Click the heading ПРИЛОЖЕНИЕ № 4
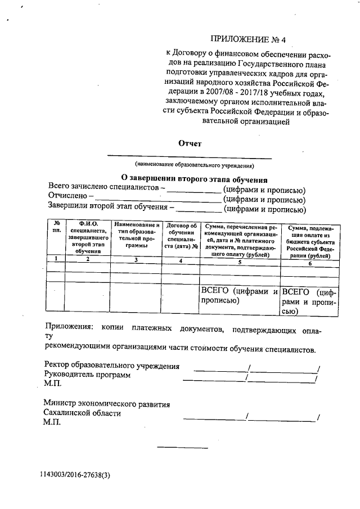[x=247, y=39]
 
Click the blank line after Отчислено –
[x=157, y=199]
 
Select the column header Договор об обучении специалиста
[x=181, y=236]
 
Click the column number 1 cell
[x=56, y=258]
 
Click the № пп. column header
[x=56, y=228]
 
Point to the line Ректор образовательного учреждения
[x=112, y=366]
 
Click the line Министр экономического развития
[x=106, y=404]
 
